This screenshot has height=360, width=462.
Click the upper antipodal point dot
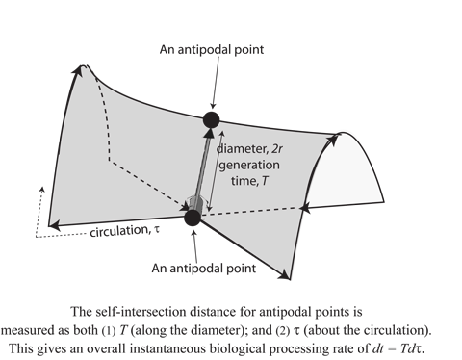(x=212, y=120)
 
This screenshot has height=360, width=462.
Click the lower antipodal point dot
(x=192, y=218)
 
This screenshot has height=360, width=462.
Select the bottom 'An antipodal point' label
(x=210, y=266)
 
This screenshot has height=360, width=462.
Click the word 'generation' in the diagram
(x=253, y=167)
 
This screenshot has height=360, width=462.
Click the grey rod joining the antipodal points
(x=202, y=168)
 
